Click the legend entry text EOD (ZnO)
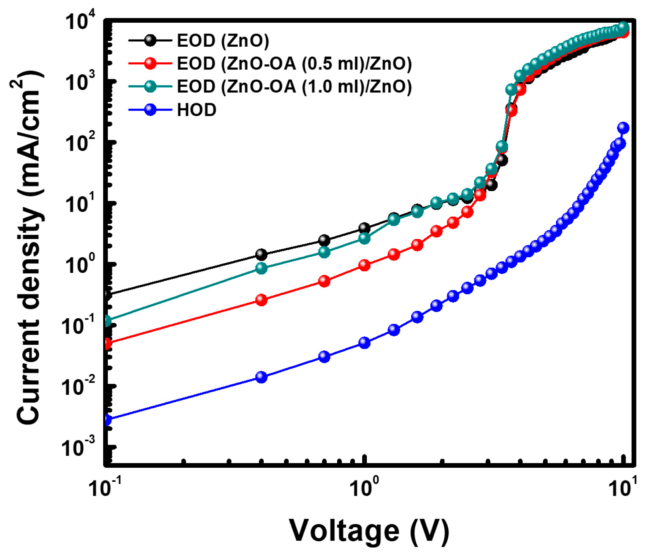tap(223, 40)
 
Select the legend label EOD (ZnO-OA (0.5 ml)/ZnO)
tap(294, 64)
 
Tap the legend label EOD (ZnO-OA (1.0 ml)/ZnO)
tap(294, 87)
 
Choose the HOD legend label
tap(196, 110)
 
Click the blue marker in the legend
tap(150, 110)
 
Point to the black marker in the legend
tap(150, 40)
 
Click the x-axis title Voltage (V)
tap(368, 530)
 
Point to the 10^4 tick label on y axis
tap(80, 21)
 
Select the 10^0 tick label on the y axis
tap(80, 264)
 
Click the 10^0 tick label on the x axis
tap(364, 487)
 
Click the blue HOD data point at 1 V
tap(364, 343)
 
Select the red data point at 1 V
tap(364, 265)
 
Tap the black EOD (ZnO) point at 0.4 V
tap(261, 254)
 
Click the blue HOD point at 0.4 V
tap(261, 377)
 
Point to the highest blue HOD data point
tap(623, 128)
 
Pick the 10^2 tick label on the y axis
tap(80, 142)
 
